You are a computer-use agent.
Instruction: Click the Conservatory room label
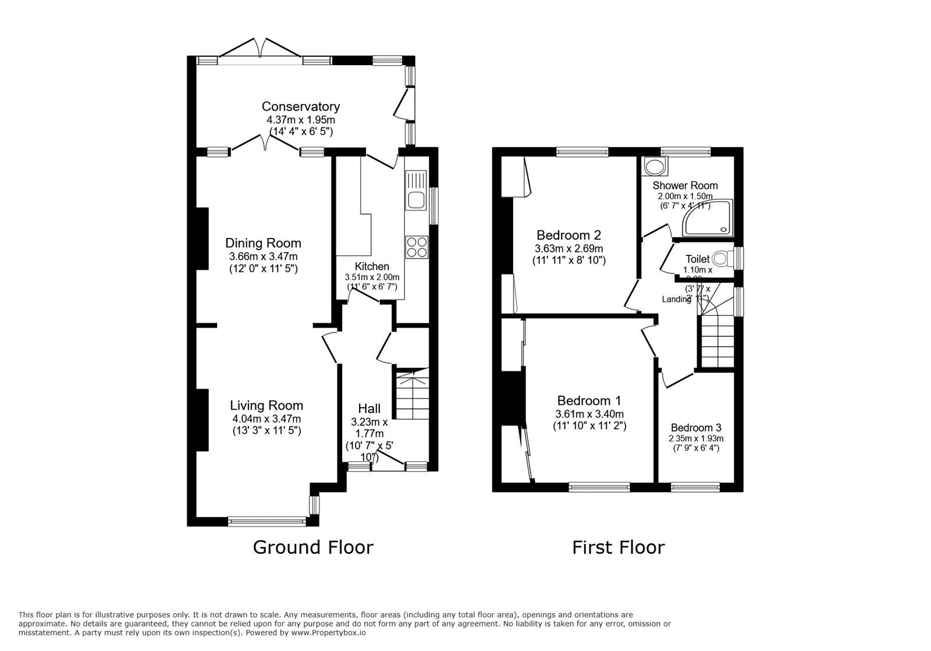coord(300,106)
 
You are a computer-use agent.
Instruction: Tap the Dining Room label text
coord(263,243)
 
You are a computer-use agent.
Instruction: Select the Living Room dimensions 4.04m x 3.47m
coord(266,419)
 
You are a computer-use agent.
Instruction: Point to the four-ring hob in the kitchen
coord(416,247)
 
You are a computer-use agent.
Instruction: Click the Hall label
coord(369,408)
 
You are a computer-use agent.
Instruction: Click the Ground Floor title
coord(312,547)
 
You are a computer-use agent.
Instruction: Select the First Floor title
coord(618,547)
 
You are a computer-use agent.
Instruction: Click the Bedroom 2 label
coord(568,236)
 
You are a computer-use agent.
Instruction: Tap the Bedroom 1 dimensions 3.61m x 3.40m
coord(589,414)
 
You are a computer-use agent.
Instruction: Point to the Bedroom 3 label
coord(696,428)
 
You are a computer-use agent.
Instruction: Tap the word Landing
coord(676,299)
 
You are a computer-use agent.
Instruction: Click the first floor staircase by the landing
coord(716,337)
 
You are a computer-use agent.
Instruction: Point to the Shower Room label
coord(685,186)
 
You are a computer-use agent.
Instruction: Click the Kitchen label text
coord(372,266)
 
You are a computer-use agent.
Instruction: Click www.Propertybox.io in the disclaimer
coord(328,632)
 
